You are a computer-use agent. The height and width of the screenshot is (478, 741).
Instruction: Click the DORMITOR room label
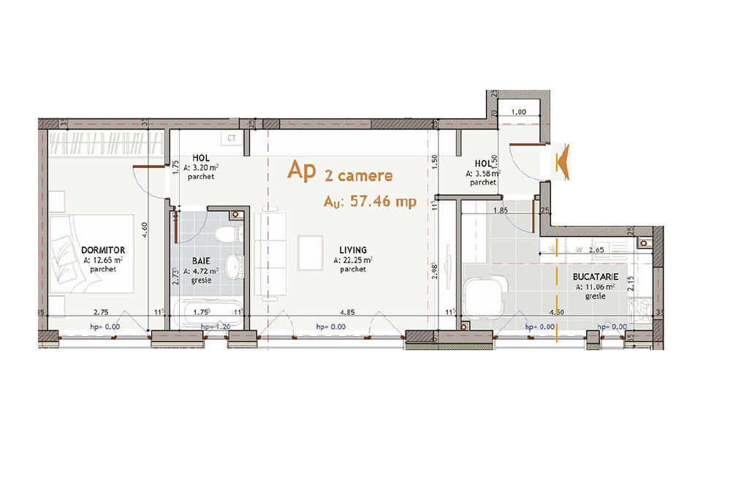pyautogui.click(x=103, y=250)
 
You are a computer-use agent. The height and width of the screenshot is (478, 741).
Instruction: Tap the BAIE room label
pyautogui.click(x=202, y=260)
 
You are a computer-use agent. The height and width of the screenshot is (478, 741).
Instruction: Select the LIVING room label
pyautogui.click(x=353, y=250)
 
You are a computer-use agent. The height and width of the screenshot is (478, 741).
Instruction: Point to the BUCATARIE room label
pyautogui.click(x=596, y=278)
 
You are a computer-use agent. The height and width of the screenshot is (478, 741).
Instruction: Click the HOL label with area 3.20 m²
pyautogui.click(x=201, y=158)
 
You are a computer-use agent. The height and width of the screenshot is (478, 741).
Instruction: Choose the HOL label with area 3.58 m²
pyautogui.click(x=483, y=164)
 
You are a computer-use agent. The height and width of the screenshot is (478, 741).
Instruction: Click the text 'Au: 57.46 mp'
pyautogui.click(x=370, y=202)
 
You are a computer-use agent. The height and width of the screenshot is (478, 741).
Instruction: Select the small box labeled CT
pyautogui.click(x=232, y=137)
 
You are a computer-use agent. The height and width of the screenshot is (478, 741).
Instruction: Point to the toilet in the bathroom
pyautogui.click(x=229, y=235)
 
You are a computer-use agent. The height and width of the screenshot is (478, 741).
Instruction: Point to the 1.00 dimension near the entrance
pyautogui.click(x=519, y=112)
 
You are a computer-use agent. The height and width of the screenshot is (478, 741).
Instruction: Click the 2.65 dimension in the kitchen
pyautogui.click(x=596, y=250)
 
